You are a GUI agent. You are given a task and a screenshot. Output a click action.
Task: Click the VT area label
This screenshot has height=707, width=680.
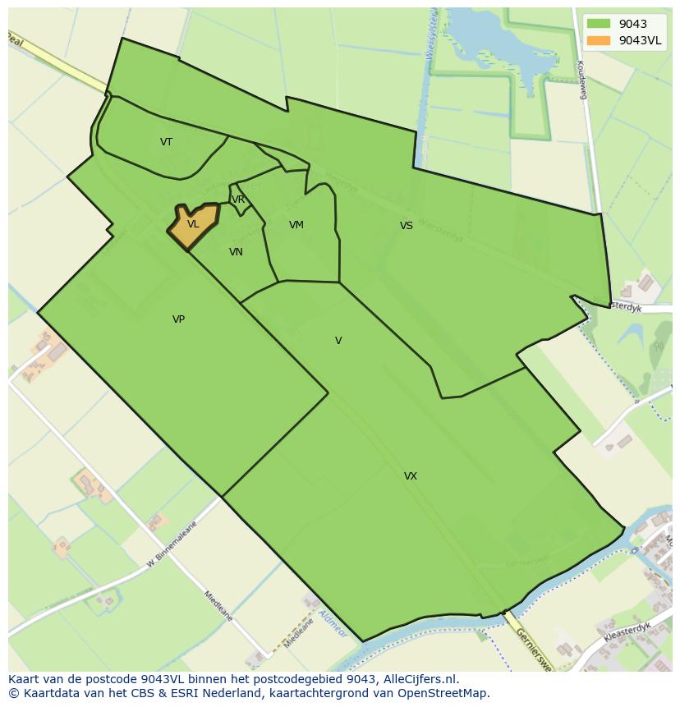click(x=166, y=142)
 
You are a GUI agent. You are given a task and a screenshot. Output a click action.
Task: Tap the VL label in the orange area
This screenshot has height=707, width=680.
click(x=193, y=224)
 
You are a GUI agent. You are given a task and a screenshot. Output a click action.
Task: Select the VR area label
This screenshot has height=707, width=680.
click(x=238, y=200)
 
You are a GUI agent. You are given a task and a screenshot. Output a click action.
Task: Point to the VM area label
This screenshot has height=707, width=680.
click(x=296, y=225)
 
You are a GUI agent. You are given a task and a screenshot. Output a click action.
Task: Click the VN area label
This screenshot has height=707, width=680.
click(x=236, y=252)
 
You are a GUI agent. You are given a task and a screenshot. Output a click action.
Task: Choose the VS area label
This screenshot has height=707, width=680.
click(x=407, y=226)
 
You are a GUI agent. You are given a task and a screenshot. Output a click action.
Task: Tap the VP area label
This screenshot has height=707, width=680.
click(x=178, y=319)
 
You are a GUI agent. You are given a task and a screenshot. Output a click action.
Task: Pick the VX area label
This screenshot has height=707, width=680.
click(x=411, y=476)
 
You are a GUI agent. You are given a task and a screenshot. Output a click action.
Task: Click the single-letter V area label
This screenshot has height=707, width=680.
click(x=338, y=341)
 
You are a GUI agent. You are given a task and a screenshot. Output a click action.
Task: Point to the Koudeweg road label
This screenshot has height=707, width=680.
click(x=581, y=80)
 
